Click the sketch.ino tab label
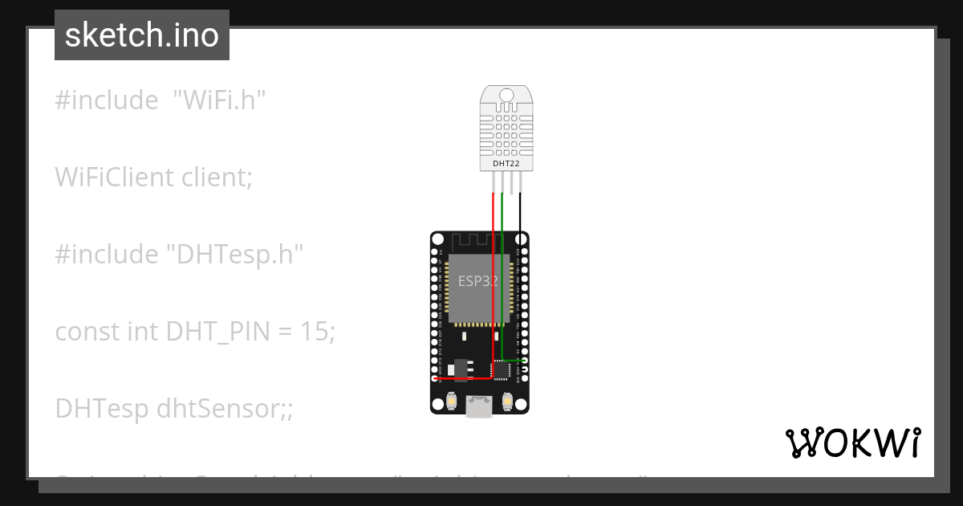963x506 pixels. [142, 35]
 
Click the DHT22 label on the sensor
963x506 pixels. [506, 163]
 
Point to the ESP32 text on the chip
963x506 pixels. [478, 281]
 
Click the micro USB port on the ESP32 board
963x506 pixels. [479, 407]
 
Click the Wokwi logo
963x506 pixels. [852, 443]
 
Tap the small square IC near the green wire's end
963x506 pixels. [501, 369]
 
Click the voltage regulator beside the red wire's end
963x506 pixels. [458, 368]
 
